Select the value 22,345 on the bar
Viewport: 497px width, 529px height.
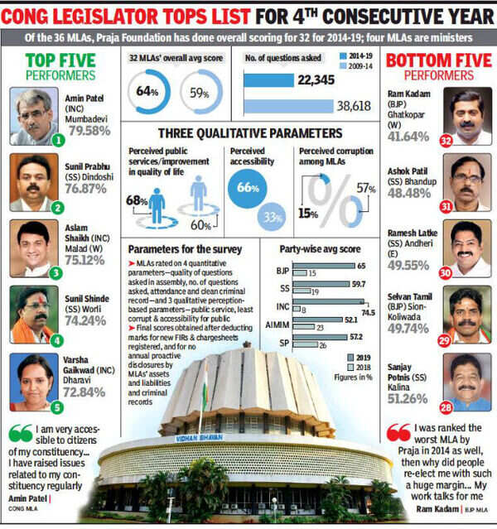316,79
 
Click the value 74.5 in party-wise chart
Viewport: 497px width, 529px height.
382,311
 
